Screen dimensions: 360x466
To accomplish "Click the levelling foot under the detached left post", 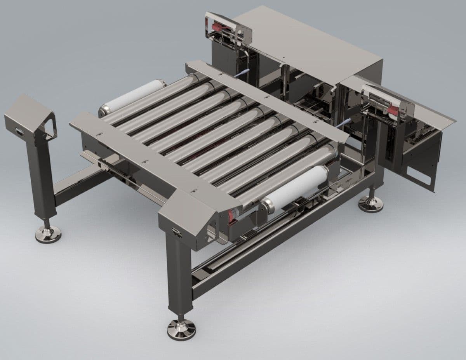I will pyautogui.click(x=48, y=234).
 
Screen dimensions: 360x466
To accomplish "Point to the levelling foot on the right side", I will pyautogui.click(x=370, y=203).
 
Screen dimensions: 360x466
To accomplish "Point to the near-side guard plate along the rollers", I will pyautogui.click(x=155, y=163).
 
